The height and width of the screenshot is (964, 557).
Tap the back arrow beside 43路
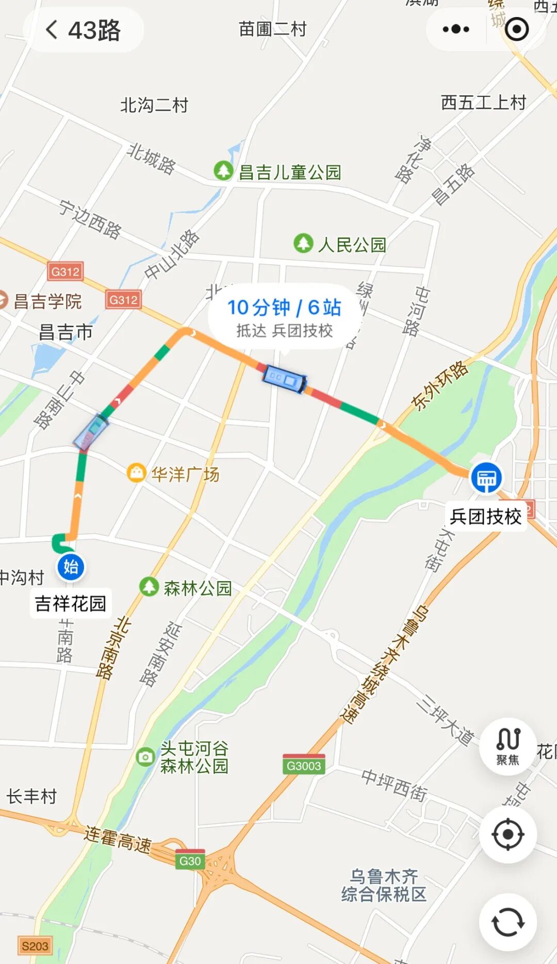point(52,29)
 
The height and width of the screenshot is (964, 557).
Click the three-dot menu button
point(456,29)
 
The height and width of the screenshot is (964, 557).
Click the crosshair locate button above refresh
point(508,834)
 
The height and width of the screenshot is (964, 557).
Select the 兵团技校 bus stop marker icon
point(486,478)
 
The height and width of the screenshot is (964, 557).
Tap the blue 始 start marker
point(71,567)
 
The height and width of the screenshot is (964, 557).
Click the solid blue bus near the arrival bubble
point(284,379)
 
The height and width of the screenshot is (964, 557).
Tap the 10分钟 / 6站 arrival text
point(284,308)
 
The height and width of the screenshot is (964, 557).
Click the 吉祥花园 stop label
point(71,603)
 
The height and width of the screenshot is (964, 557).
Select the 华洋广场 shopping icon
point(136,472)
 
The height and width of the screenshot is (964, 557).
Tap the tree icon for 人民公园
point(303,243)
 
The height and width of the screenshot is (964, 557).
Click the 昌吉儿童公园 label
point(290,172)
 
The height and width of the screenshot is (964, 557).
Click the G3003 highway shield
point(304,765)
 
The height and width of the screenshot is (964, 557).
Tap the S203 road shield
point(35,945)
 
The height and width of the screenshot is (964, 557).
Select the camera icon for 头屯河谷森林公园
point(145,757)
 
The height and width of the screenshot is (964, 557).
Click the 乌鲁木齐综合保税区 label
point(384,885)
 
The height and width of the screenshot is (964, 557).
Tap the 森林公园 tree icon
point(149,586)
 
